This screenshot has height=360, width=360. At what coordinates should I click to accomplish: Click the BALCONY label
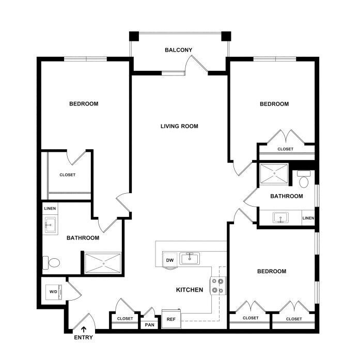178,50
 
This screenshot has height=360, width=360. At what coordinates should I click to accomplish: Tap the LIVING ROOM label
179,126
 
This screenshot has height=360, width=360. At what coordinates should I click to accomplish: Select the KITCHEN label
190,290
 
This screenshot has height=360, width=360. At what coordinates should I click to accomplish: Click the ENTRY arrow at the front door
84,330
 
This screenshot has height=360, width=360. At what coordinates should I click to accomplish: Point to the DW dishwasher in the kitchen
169,260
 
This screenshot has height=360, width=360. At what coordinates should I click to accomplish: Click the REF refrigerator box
171,319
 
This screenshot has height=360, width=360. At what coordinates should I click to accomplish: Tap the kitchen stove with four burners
217,286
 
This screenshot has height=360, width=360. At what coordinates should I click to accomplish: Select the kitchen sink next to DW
190,259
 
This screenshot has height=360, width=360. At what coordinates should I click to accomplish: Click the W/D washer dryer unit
54,292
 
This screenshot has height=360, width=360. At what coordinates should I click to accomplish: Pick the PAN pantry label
150,325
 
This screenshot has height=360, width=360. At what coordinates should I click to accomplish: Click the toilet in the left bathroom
51,263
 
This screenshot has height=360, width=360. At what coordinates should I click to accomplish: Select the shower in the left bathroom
103,263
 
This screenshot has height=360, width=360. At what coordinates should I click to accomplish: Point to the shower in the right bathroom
274,174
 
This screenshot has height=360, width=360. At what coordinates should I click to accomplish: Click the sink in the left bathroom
50,225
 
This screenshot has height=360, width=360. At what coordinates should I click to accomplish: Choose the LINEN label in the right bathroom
308,218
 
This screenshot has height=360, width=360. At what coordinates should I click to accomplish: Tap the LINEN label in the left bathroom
50,209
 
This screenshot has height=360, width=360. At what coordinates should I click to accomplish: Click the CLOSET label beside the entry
125,319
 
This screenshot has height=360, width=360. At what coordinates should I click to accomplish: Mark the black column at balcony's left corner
134,36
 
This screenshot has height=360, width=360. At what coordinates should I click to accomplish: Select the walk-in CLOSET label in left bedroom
68,175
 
